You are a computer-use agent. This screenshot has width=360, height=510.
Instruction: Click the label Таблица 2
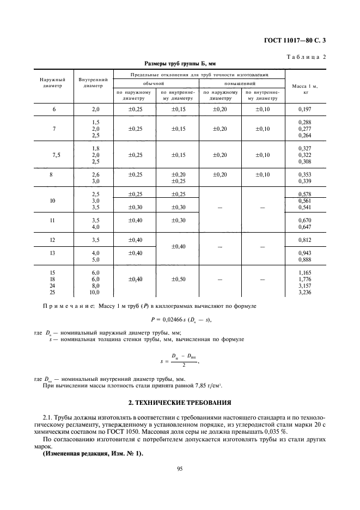tap(306, 57)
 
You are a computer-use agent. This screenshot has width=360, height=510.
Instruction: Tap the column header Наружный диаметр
tap(53, 82)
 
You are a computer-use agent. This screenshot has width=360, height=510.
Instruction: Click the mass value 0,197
tap(304, 110)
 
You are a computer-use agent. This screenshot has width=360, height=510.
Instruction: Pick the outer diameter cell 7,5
tap(56, 155)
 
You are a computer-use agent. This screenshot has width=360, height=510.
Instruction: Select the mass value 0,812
tap(304, 240)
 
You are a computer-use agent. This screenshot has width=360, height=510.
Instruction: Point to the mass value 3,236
tap(304, 293)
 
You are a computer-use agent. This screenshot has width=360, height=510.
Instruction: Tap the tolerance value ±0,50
tap(179, 279)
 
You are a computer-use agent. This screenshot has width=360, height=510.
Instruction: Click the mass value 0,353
tap(304, 174)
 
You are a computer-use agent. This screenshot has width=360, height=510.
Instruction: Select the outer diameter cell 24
tap(54, 286)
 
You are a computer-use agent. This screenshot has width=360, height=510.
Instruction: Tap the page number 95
tap(179, 468)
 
